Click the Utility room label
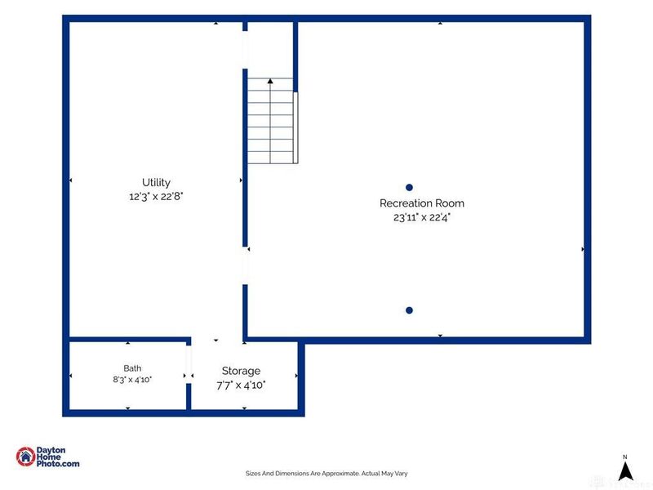[x=156, y=182]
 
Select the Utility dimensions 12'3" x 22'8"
[x=156, y=196]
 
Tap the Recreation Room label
[x=422, y=203]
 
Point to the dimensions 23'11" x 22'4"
[x=422, y=217]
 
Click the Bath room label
[x=132, y=368]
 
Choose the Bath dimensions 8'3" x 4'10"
[x=132, y=380]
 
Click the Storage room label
[x=241, y=371]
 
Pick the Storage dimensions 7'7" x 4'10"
[x=241, y=385]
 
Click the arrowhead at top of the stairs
[x=270, y=81]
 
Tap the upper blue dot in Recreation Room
[x=410, y=188]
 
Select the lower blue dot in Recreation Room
[x=410, y=310]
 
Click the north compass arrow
[x=625, y=471]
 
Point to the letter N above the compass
[x=624, y=457]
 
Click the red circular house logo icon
[x=26, y=457]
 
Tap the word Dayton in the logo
[x=51, y=451]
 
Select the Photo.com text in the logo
[x=58, y=463]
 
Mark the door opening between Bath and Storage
[x=189, y=364]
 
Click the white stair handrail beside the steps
[x=295, y=127]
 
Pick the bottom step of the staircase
[x=271, y=158]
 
